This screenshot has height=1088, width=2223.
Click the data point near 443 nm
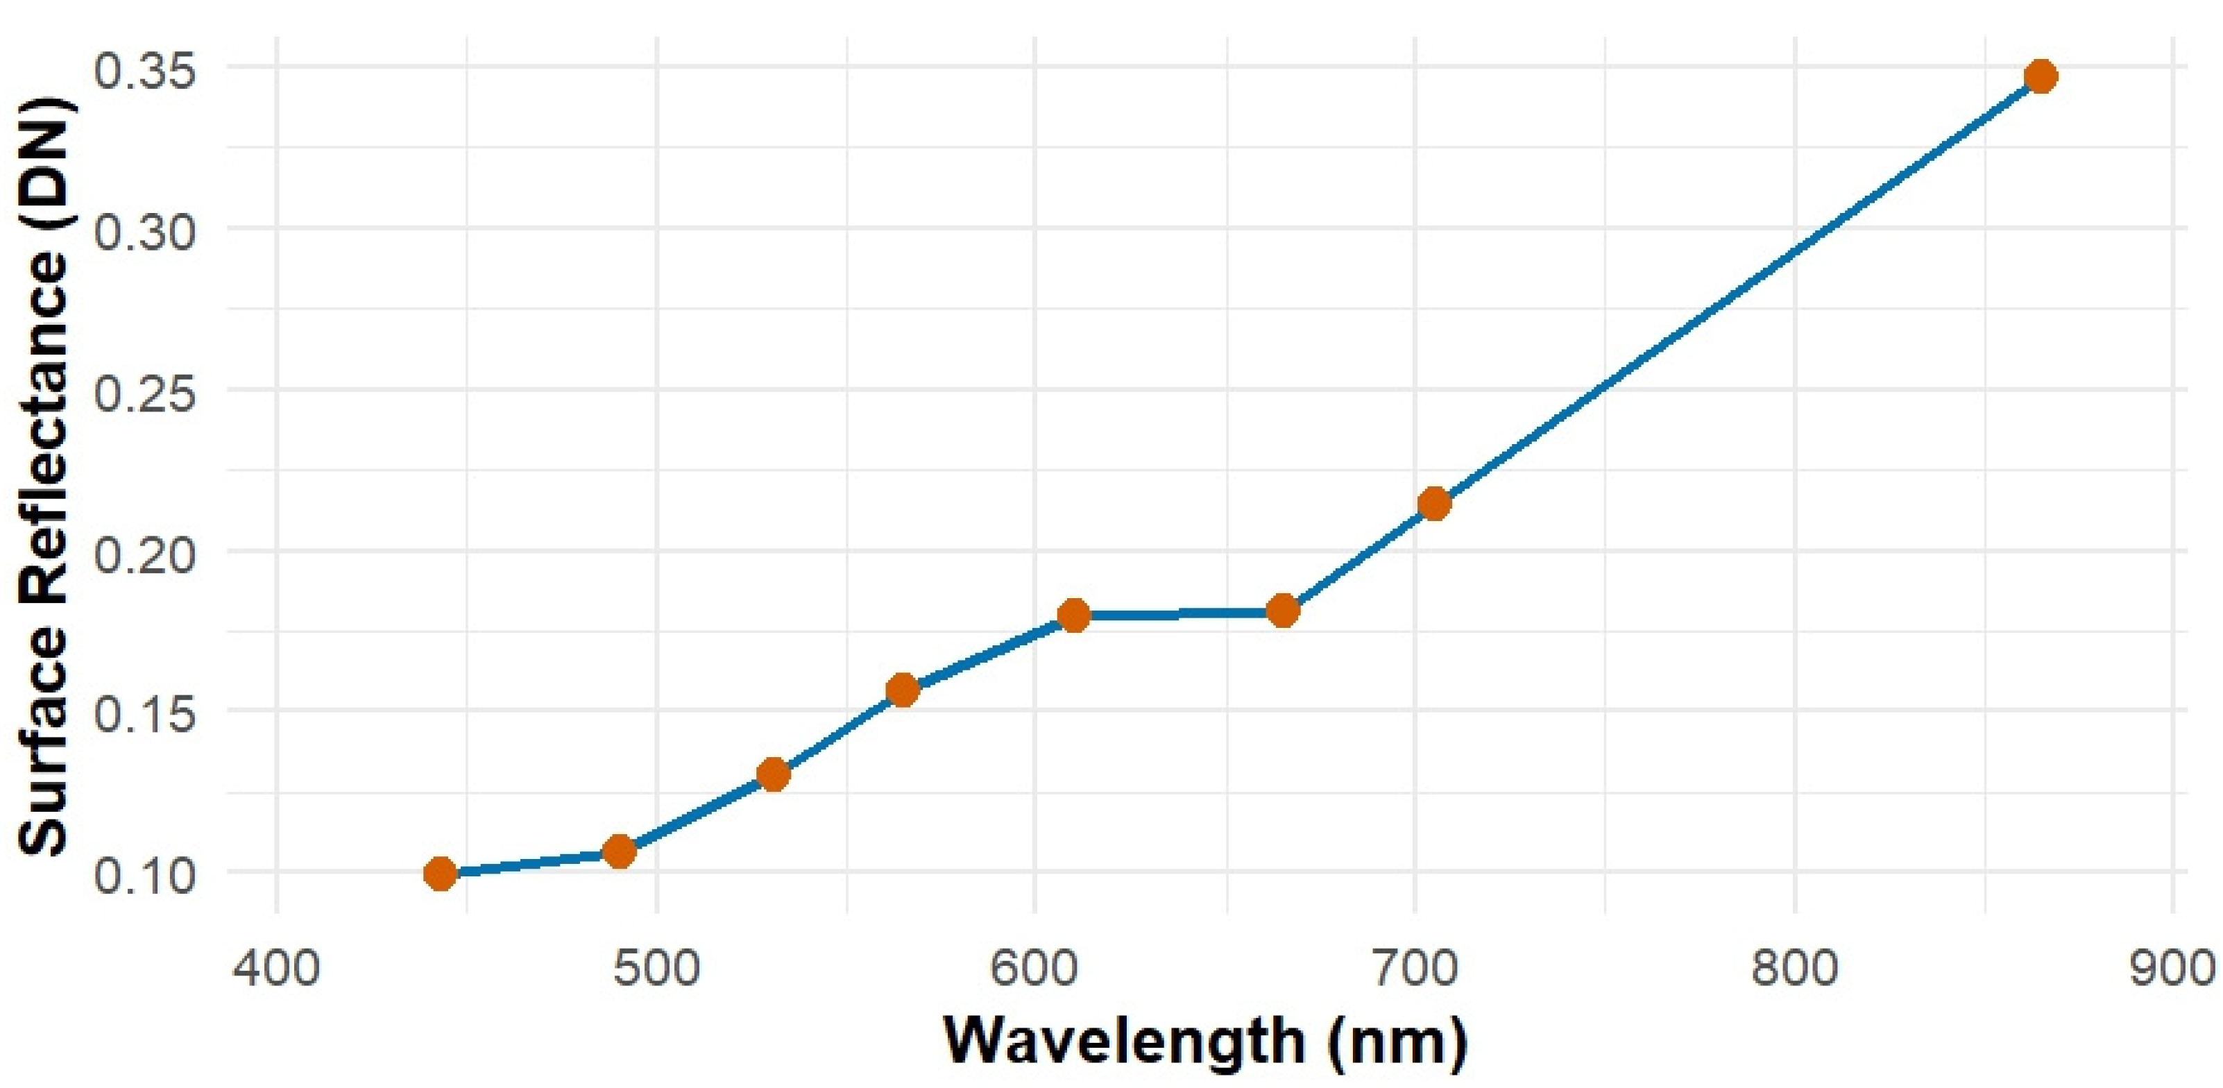click(440, 873)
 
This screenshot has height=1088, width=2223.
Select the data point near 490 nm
click(620, 851)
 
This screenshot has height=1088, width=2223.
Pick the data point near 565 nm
click(903, 690)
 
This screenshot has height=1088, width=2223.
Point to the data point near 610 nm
click(1073, 615)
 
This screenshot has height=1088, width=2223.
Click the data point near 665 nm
click(1284, 611)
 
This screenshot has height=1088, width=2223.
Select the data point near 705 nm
click(1434, 503)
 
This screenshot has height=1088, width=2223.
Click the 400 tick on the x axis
click(277, 967)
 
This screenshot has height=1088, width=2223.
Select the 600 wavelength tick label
click(1034, 967)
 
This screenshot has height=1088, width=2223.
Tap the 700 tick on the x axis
click(1415, 967)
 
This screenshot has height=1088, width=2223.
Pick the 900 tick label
click(2170, 967)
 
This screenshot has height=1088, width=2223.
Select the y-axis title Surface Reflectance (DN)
click(43, 475)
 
